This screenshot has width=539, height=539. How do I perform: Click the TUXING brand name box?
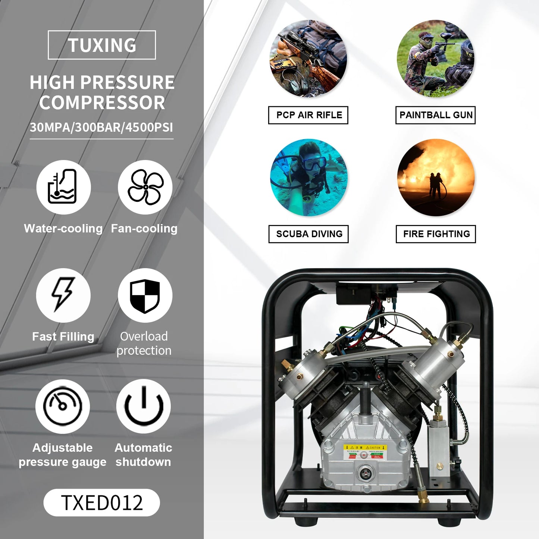pos(102,45)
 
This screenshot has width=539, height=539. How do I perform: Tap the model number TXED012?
pos(102,502)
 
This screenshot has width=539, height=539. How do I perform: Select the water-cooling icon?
pos(63,187)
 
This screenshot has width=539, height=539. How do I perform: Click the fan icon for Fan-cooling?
pos(145,187)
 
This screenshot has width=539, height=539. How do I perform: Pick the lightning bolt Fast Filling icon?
pos(63,295)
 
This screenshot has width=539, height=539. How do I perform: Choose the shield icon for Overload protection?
pos(145,295)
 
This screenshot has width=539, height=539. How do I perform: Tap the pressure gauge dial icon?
pos(63,406)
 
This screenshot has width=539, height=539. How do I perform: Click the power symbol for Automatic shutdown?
pos(144,406)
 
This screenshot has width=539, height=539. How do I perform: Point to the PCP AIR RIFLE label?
pos(308,115)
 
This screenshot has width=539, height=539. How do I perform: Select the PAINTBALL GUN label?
pos(436,115)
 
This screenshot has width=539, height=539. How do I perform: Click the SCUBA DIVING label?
pos(309,234)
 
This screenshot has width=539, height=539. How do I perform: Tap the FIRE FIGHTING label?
pos(436,234)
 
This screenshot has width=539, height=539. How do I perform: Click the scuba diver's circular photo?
pos(309,178)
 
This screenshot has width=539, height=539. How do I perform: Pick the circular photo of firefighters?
pos(436,178)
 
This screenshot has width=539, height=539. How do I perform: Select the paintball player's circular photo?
pos(436,59)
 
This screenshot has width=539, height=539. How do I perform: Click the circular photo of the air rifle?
pos(308,59)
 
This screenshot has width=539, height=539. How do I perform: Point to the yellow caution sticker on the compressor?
pos(366,452)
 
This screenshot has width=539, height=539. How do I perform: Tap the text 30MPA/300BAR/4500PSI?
pos(101,128)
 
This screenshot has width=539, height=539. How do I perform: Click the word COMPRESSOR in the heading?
pos(102,103)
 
